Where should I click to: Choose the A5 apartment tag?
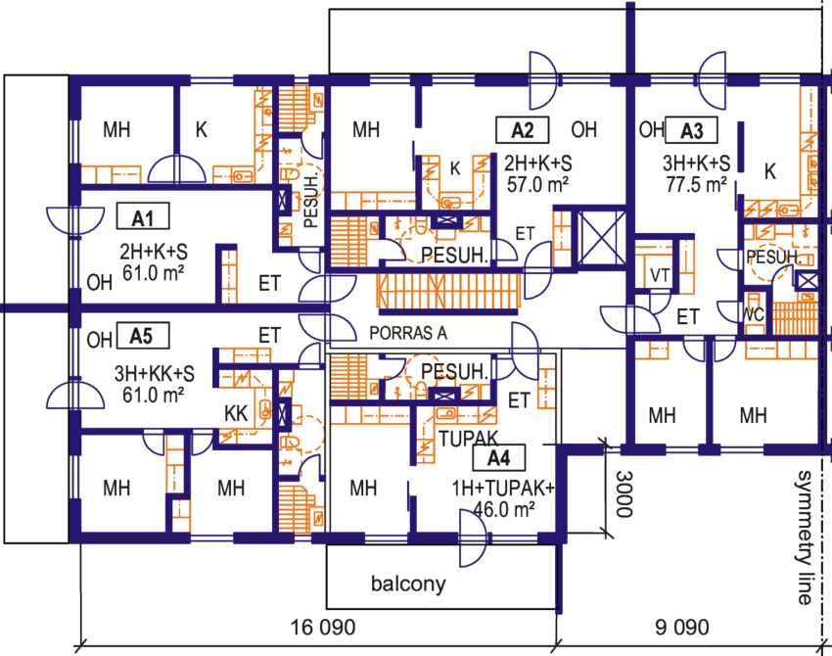pos(141,338)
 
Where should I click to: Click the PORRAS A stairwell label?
pos(408,333)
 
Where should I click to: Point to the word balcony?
pos(408,586)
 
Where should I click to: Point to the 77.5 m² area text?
pos(697,183)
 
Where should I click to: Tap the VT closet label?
pos(660,276)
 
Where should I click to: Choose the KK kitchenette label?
pos(236,412)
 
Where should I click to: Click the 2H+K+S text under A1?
pos(156,250)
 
